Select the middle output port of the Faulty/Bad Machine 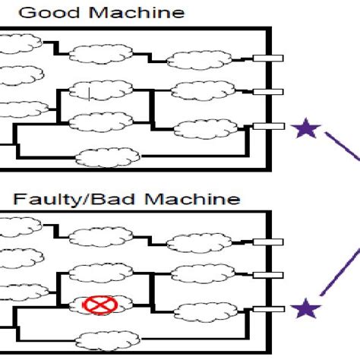[x=268, y=275]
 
